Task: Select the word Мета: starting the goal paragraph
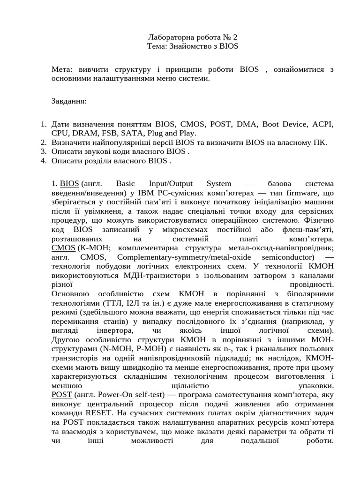click(62, 69)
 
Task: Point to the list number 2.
click(43, 142)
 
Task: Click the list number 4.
click(43, 161)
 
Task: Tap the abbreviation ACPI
click(322, 124)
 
